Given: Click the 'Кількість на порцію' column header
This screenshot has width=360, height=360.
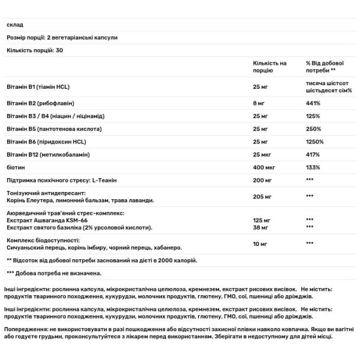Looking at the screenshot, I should (270, 66).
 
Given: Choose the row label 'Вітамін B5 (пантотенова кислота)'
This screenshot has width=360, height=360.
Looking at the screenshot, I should (52, 128).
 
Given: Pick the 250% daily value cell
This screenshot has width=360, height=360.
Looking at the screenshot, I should (313, 128).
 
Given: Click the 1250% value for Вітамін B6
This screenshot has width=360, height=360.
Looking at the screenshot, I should (315, 142).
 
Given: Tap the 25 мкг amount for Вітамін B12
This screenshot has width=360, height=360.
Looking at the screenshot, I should (263, 155).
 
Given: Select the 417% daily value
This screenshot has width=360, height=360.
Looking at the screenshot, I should (313, 155).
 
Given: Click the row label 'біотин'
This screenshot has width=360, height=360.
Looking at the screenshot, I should (14, 168).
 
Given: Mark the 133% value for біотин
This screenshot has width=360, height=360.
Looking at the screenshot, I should (313, 168).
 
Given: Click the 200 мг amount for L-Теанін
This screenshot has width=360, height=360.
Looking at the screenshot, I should (264, 181).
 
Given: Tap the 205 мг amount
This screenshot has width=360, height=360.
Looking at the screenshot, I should (264, 196).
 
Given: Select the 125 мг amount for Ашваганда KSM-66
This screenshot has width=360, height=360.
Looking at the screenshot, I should (263, 220).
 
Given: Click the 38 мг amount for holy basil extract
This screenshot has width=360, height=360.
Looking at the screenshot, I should (262, 227).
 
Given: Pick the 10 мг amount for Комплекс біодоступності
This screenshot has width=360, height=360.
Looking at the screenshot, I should (262, 243).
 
